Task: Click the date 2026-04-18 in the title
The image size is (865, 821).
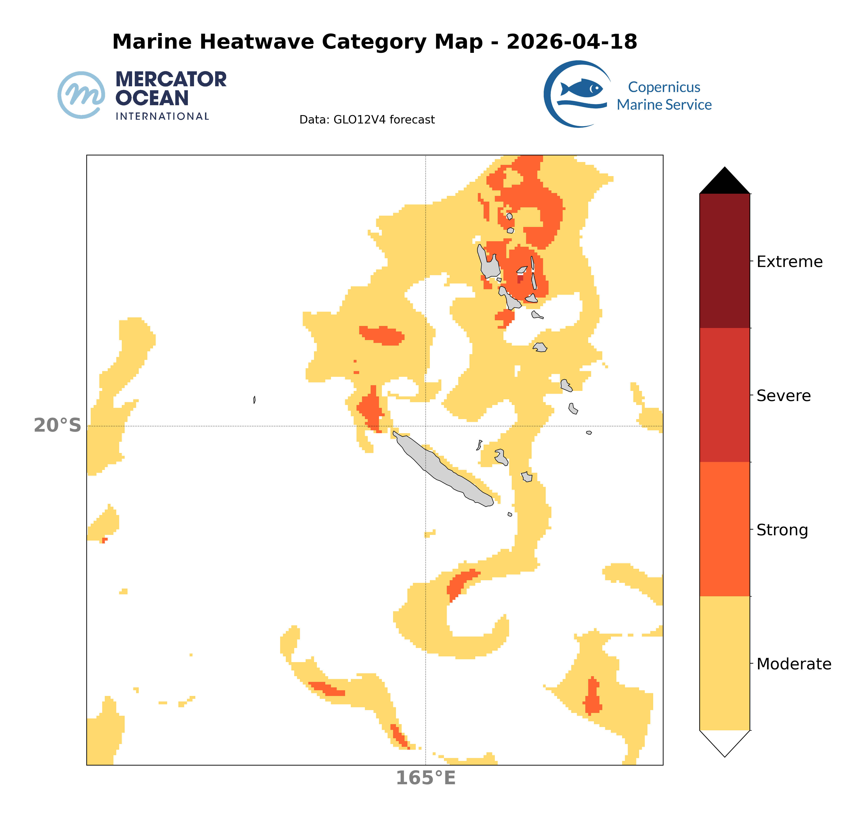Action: click(572, 42)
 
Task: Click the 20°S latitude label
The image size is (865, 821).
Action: click(57, 425)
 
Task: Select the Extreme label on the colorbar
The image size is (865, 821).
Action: click(789, 262)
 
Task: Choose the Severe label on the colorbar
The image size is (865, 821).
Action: click(784, 396)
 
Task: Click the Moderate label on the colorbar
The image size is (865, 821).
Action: click(794, 664)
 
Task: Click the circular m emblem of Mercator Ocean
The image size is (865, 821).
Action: click(81, 95)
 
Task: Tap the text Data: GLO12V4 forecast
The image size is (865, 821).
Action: click(367, 120)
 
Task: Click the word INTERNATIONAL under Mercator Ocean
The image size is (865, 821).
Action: click(162, 116)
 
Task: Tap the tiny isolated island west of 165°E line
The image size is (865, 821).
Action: click(254, 399)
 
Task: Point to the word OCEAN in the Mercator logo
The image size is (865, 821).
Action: click(152, 98)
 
